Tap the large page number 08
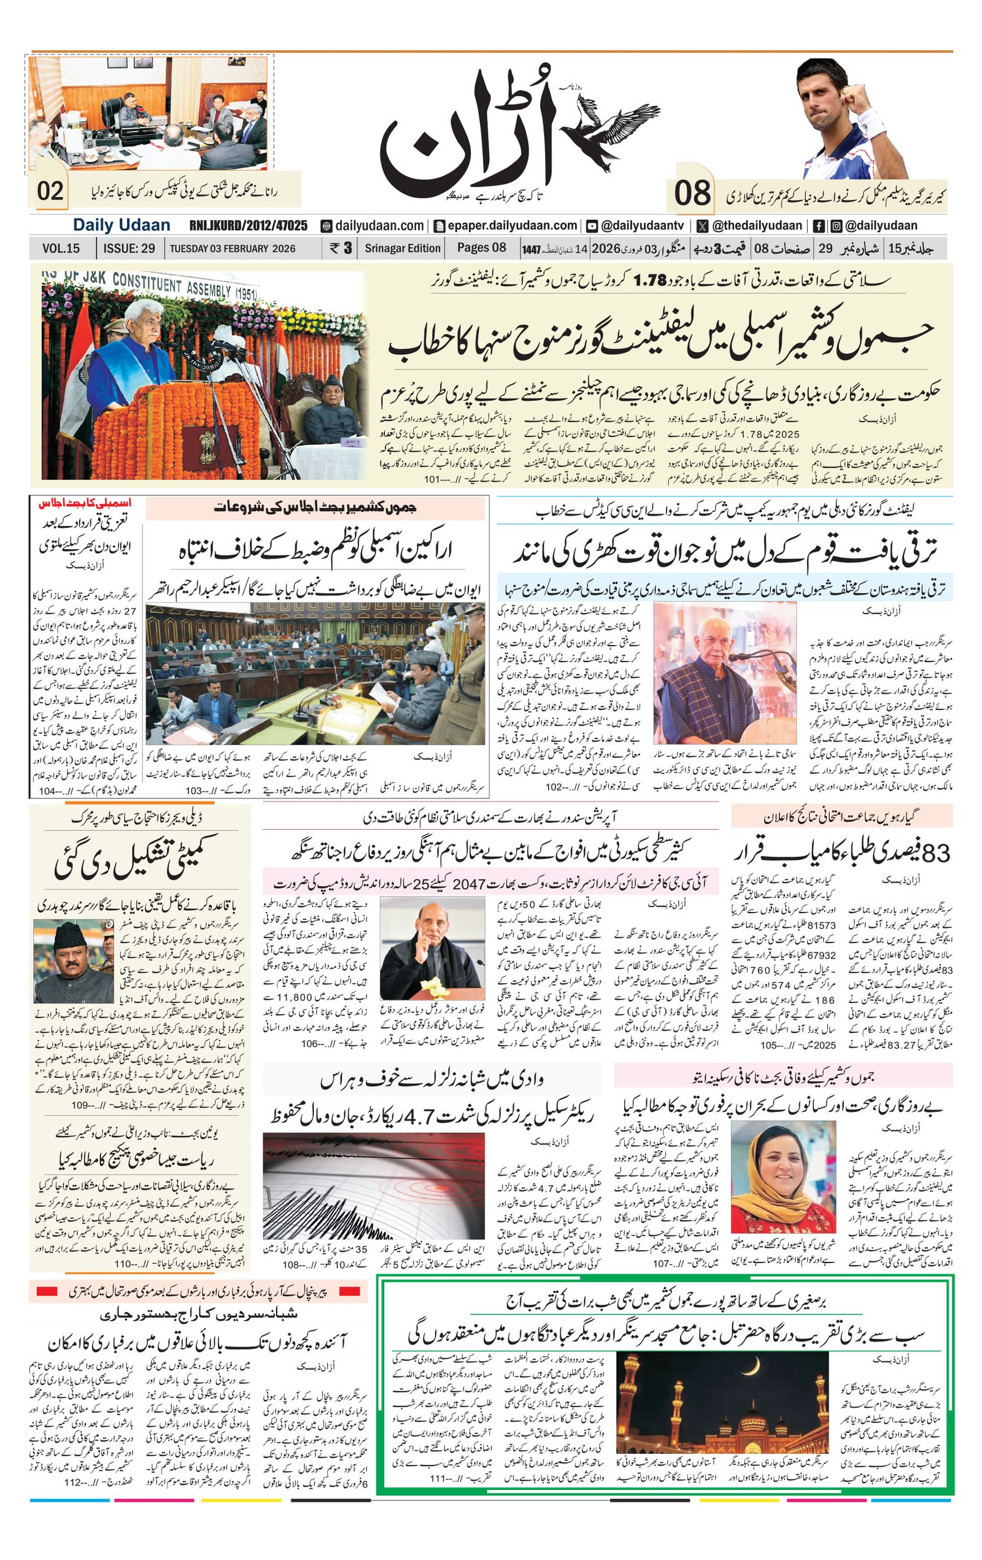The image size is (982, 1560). tap(692, 193)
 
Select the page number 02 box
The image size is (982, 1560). tap(50, 191)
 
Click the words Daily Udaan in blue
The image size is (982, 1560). tap(121, 225)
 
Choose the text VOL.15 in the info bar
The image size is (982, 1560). tap(61, 248)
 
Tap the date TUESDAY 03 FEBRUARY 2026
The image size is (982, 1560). tap(233, 248)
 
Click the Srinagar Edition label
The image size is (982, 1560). tap(402, 248)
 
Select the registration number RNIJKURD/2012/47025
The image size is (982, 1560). tap(248, 225)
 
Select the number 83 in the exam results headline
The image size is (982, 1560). tap(936, 854)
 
